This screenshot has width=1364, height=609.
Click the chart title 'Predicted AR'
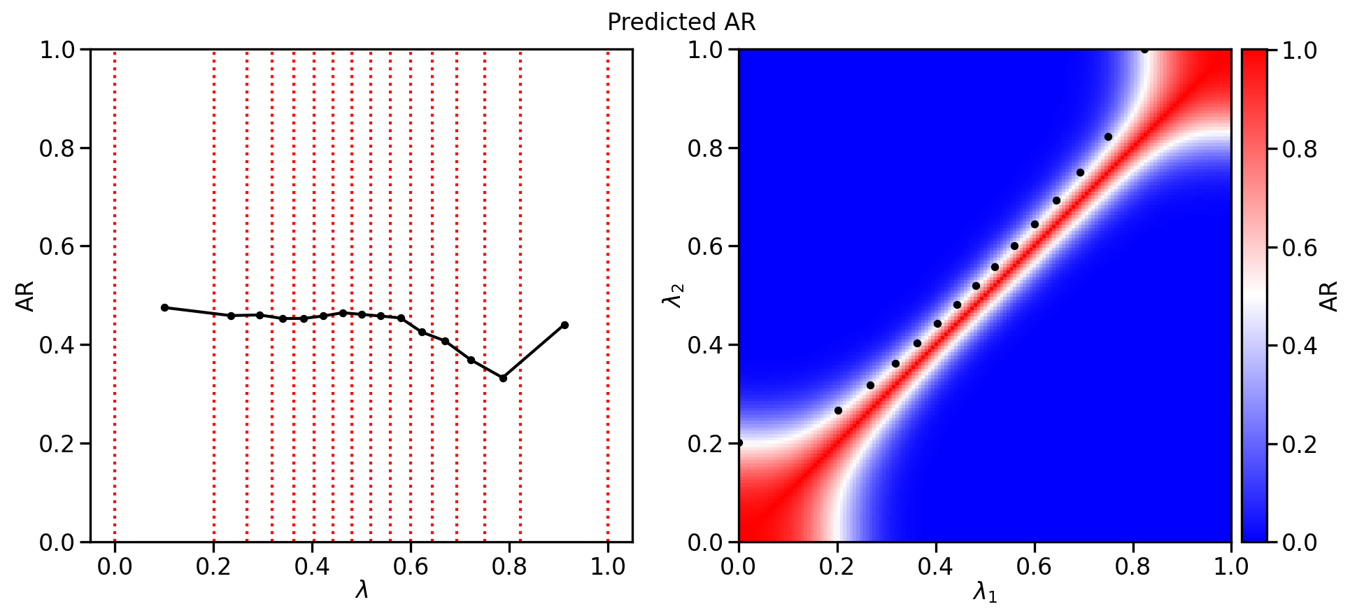[x=681, y=22]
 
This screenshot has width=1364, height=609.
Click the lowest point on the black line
[x=503, y=378]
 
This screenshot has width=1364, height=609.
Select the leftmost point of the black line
[x=164, y=307]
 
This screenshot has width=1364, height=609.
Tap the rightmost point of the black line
[x=564, y=325]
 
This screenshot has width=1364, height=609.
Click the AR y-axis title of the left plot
[x=25, y=296]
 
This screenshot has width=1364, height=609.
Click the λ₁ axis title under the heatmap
[x=985, y=593]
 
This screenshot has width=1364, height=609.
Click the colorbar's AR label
[x=1328, y=296]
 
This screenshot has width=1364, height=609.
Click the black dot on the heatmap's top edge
[x=1144, y=50]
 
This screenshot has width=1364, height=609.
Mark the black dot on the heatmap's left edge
[x=739, y=442]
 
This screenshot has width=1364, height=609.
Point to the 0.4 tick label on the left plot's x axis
[x=312, y=566]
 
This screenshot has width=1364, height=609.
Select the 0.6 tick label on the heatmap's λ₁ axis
[x=1035, y=566]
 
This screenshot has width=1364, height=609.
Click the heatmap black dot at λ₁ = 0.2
[x=838, y=410]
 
